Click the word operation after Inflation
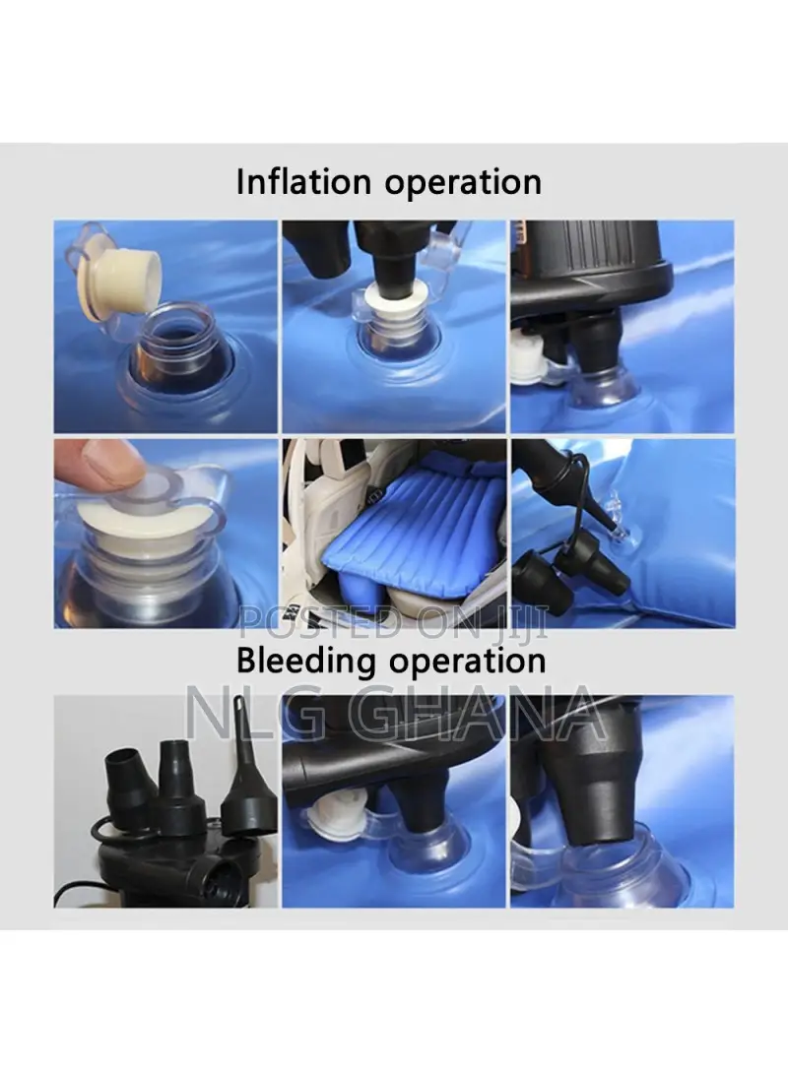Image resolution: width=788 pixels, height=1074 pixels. click(x=463, y=183)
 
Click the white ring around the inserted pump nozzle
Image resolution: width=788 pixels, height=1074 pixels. click(x=395, y=293)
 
